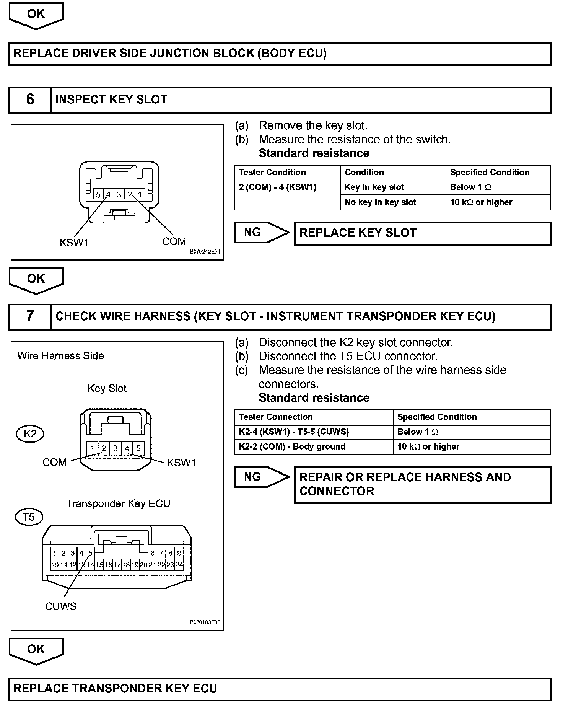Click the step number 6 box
[30, 100]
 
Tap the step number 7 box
[30, 316]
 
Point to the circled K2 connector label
[30, 433]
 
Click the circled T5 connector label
[29, 517]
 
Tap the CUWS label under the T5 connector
[61, 606]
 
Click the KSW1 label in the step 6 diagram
[74, 243]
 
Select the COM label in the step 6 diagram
[174, 242]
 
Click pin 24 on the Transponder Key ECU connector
[179, 565]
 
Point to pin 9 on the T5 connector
[179, 553]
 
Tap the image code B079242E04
[205, 252]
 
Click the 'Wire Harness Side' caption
[60, 356]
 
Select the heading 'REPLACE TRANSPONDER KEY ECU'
[115, 689]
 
